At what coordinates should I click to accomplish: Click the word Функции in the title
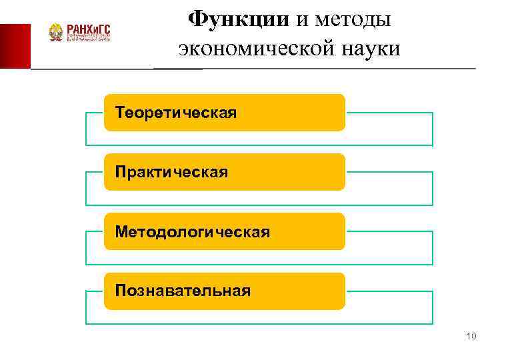(x=238, y=19)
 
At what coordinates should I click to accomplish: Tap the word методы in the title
(x=353, y=19)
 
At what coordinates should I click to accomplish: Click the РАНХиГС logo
(x=81, y=32)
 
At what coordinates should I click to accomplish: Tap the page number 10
(x=472, y=337)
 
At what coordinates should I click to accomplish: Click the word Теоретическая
(x=176, y=112)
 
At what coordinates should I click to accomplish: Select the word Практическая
(x=171, y=172)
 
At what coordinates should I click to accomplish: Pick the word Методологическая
(x=193, y=231)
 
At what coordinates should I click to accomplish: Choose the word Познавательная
(x=183, y=291)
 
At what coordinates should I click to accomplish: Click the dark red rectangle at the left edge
(x=15, y=45)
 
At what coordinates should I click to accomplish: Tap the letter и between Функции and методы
(x=302, y=20)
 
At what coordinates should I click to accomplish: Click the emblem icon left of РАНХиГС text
(x=55, y=32)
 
